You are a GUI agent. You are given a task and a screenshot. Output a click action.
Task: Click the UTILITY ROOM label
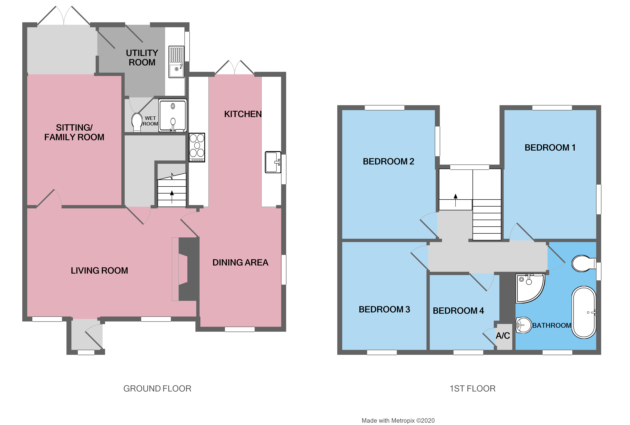click(x=142, y=57)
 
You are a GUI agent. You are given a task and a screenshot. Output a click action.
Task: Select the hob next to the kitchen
click(x=197, y=147)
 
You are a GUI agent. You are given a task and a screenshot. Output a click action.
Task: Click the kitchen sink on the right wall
click(x=273, y=162)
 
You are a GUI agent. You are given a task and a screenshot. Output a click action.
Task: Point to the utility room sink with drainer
click(x=176, y=62)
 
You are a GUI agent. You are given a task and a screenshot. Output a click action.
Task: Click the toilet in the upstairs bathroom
click(x=582, y=263)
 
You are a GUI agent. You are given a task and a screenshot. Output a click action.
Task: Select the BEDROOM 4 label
click(x=458, y=311)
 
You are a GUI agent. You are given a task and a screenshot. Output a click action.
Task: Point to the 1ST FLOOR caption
click(x=472, y=388)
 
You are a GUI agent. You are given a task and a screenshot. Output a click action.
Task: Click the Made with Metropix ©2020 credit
click(x=398, y=420)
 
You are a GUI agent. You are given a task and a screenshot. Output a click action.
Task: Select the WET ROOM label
click(x=150, y=121)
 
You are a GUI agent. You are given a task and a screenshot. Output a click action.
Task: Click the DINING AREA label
click(x=240, y=262)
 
